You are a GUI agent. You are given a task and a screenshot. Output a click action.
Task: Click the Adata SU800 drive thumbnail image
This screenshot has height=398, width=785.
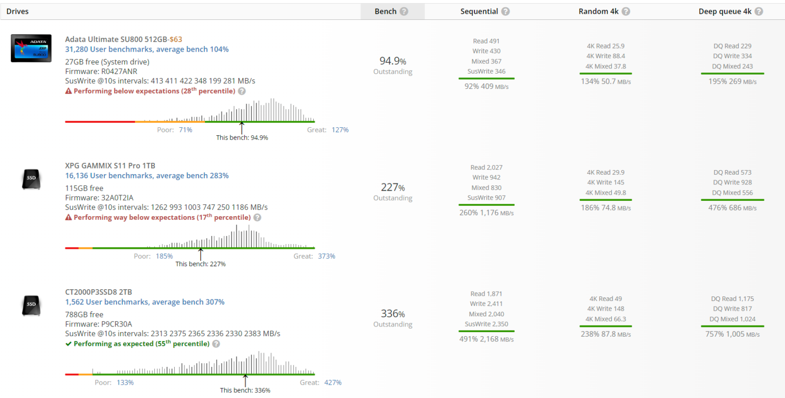coord(31,48)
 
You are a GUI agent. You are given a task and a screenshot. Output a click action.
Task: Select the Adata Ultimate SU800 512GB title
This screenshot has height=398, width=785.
coord(117,39)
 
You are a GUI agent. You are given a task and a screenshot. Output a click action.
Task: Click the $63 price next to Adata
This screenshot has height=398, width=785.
coord(176,39)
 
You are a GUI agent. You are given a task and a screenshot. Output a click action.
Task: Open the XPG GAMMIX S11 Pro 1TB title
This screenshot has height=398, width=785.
coord(110,166)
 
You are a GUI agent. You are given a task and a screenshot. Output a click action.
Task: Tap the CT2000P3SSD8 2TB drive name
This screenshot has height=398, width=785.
coord(99,292)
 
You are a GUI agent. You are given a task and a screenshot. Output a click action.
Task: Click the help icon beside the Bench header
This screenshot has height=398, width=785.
coord(404,11)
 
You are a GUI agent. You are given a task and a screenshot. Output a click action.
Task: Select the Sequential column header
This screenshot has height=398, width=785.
coord(479,11)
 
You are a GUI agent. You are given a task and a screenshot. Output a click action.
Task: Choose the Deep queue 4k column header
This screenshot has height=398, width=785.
coord(725,11)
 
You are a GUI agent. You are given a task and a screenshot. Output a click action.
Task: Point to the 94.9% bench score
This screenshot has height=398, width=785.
coord(392,61)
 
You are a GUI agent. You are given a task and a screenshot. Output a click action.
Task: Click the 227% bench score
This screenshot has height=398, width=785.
coord(392,187)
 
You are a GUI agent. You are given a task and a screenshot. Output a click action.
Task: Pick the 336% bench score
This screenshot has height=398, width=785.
coord(392,314)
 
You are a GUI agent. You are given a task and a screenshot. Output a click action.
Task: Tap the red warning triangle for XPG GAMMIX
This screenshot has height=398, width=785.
coord(68,218)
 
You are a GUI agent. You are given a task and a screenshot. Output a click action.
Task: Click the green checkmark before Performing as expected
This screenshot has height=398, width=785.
coord(68,344)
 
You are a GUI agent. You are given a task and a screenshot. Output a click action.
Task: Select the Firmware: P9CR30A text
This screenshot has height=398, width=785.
coord(99,324)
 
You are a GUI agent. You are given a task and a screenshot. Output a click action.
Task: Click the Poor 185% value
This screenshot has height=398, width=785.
coord(164,256)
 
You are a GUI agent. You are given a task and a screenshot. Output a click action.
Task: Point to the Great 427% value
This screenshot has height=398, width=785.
coord(333,383)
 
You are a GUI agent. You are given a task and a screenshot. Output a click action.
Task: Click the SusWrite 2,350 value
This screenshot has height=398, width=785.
coord(486,324)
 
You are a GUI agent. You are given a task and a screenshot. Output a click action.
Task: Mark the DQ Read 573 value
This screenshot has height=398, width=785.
coord(732,173)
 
